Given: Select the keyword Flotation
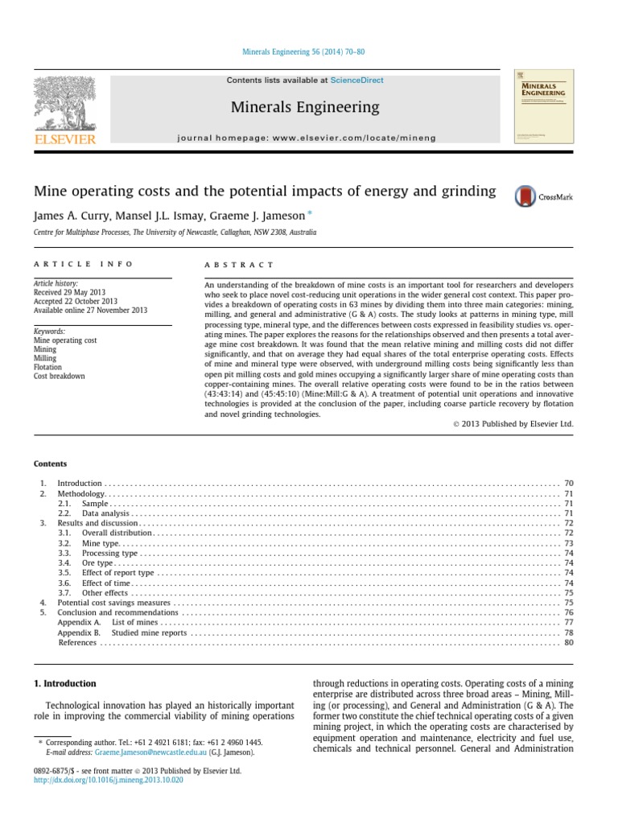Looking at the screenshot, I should (47, 367).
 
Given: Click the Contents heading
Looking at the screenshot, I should (50, 463).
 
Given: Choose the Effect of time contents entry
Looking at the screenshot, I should (105, 583).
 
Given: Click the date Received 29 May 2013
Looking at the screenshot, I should (69, 292).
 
